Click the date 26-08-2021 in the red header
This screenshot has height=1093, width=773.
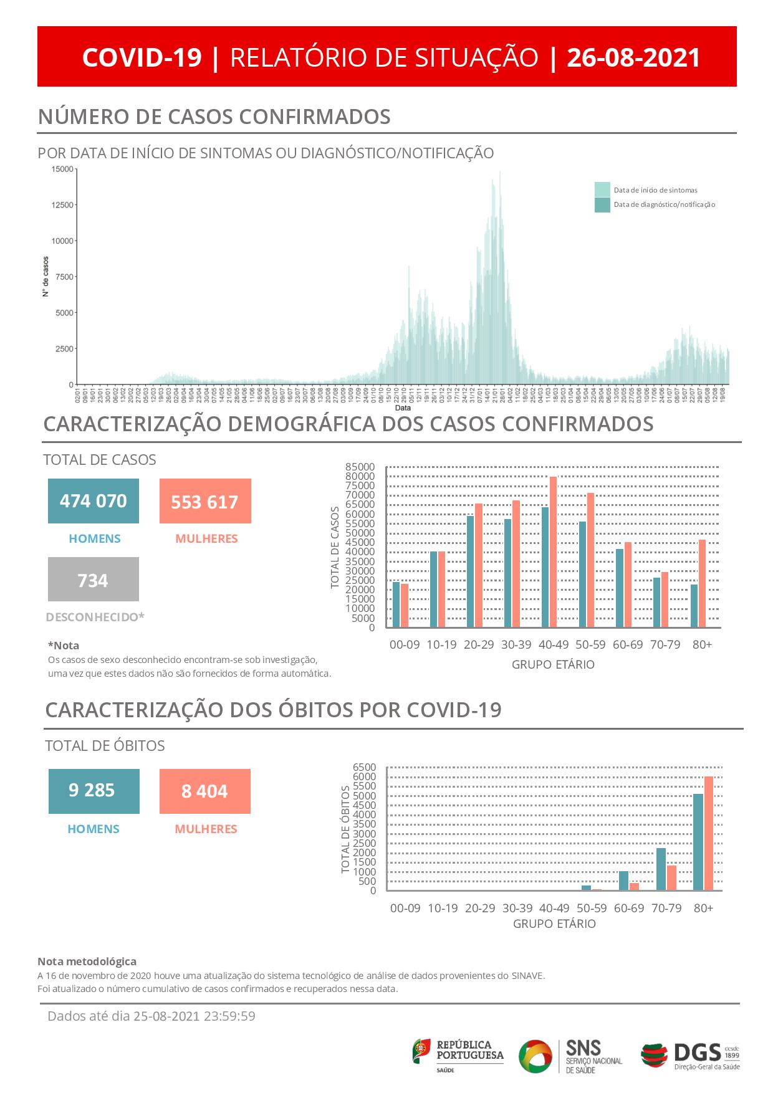(633, 57)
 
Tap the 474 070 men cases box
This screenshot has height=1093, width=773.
(94, 501)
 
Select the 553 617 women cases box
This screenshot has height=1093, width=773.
(205, 501)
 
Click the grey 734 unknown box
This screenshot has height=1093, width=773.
(94, 580)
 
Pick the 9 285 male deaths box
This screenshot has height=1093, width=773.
(94, 791)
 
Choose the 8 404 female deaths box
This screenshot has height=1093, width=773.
(205, 791)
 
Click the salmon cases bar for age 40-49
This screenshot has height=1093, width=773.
(553, 551)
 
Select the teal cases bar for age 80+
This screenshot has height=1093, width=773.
(694, 606)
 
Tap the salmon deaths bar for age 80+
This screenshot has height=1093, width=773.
(708, 833)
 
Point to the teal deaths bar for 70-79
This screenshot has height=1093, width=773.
(661, 869)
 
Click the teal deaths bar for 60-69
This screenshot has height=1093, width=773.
(623, 881)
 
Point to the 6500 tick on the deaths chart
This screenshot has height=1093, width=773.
(365, 767)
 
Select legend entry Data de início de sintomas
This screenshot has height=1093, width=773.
(655, 190)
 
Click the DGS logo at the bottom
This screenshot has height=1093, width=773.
(690, 1055)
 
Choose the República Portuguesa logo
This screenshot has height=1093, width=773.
(458, 1055)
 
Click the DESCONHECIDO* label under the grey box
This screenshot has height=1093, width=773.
(95, 617)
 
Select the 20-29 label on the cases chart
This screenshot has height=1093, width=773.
(479, 644)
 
